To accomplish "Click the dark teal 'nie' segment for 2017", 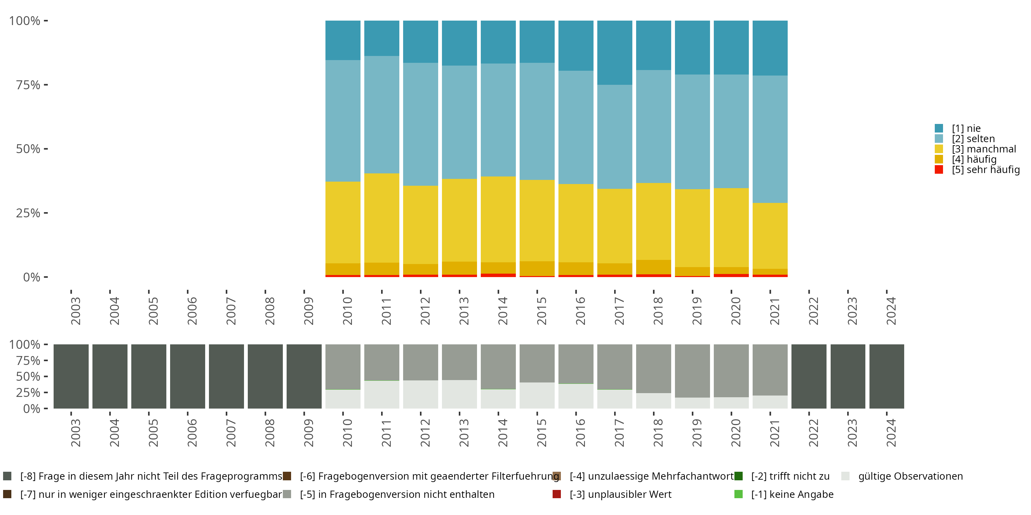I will (614, 53).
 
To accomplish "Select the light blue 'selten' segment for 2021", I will (770, 139).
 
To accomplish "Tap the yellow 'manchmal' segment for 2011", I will (381, 218).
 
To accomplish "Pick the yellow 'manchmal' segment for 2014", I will (498, 219).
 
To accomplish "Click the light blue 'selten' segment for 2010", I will (343, 121).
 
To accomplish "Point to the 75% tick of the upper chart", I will (46, 85).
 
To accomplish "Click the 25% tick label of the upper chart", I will (28, 213).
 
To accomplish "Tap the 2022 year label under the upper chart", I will (813, 311).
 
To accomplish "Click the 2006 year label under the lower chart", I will (192, 433).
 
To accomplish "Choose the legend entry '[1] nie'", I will (966, 128).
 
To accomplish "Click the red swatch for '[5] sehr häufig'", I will (939, 170).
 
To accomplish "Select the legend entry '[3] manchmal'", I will (984, 149).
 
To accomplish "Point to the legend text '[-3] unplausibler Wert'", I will (620, 494).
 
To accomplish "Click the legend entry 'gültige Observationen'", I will (910, 476).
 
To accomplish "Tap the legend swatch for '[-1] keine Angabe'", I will (739, 494).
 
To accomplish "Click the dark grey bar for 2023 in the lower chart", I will (848, 376).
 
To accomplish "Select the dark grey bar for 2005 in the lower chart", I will (148, 376).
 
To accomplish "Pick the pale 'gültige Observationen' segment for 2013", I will (459, 394).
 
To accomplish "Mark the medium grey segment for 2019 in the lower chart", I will (692, 371).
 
